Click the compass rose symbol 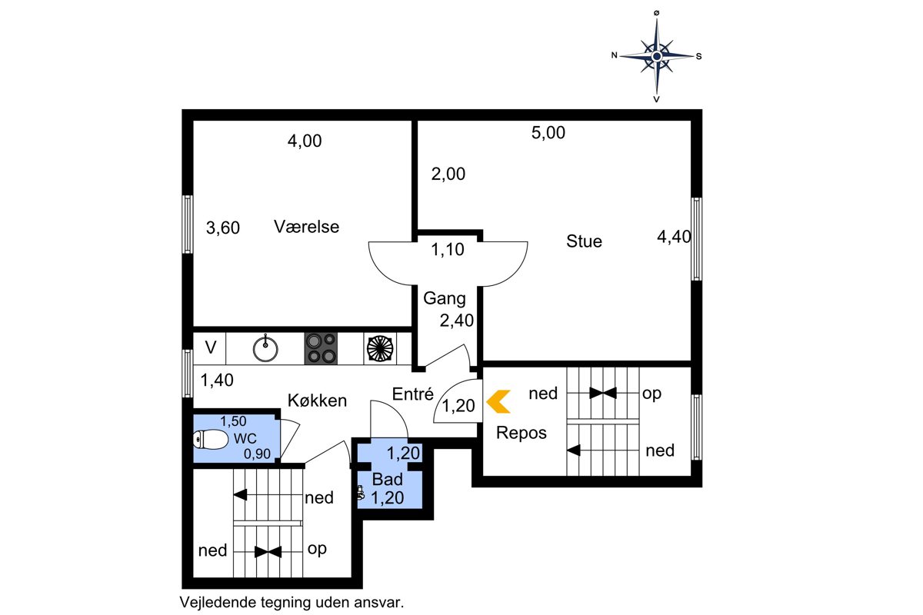pyautogui.click(x=657, y=56)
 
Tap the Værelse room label pyautogui.click(x=307, y=227)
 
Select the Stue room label pyautogui.click(x=584, y=241)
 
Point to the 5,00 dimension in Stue pyautogui.click(x=548, y=133)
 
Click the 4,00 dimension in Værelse pyautogui.click(x=305, y=141)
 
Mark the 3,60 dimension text pyautogui.click(x=223, y=228)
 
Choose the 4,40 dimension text pyautogui.click(x=674, y=237)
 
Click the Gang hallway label pyautogui.click(x=445, y=298)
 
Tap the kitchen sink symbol pyautogui.click(x=265, y=348)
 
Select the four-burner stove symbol pyautogui.click(x=321, y=348)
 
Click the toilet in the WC pyautogui.click(x=211, y=440)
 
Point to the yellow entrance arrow pyautogui.click(x=498, y=401)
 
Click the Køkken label pyautogui.click(x=317, y=401)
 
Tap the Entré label pyautogui.click(x=413, y=394)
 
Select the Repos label pyautogui.click(x=521, y=433)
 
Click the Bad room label pyautogui.click(x=388, y=480)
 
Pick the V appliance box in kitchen pyautogui.click(x=210, y=348)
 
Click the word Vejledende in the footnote pyautogui.click(x=218, y=603)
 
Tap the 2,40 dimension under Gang pyautogui.click(x=457, y=321)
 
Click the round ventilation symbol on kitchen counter pyautogui.click(x=380, y=349)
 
